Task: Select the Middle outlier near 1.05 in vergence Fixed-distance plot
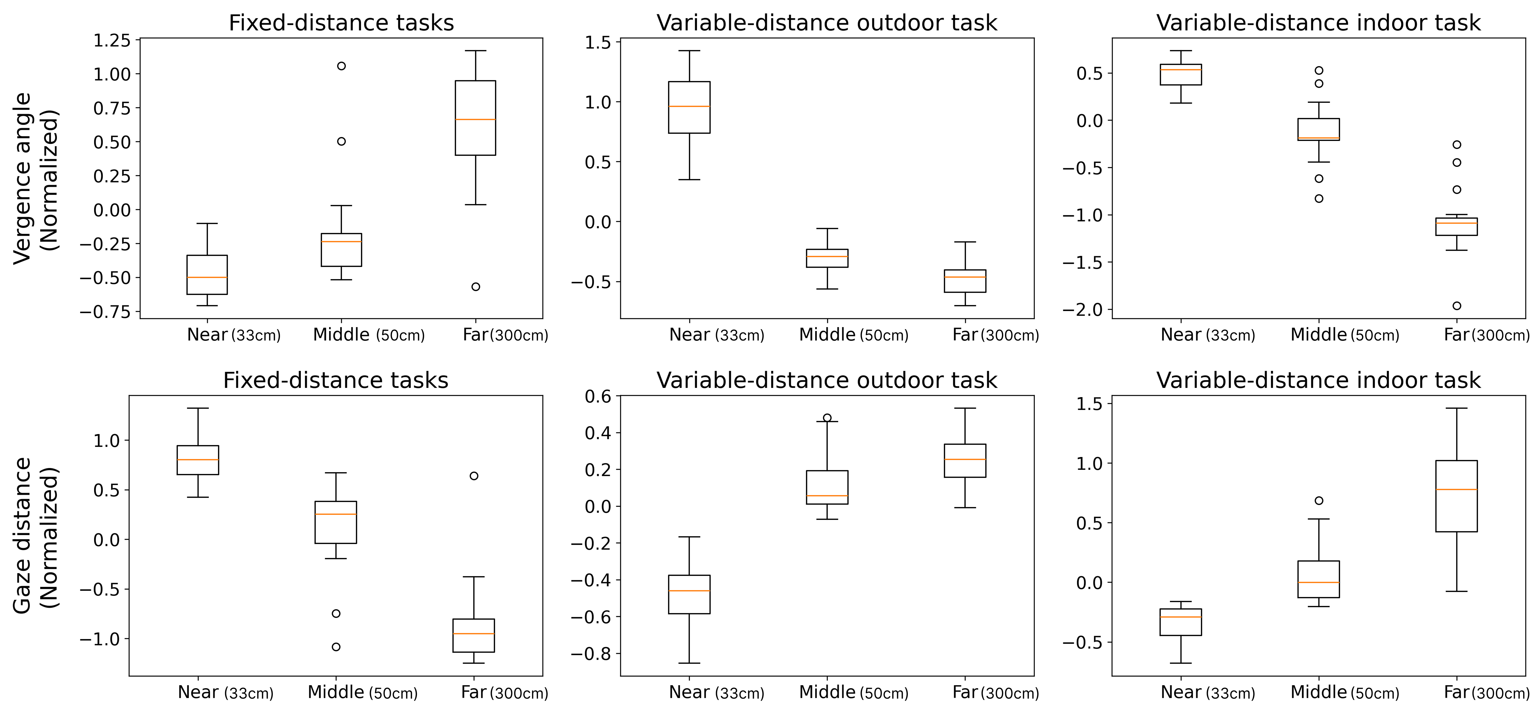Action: point(341,66)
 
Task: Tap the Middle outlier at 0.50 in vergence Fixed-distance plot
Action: point(341,142)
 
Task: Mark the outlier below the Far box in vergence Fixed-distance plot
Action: point(476,287)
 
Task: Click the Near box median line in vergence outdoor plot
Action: point(690,106)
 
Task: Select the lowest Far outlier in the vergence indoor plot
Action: point(1456,306)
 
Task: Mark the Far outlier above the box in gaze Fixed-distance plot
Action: point(474,476)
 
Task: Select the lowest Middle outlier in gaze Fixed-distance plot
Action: point(336,647)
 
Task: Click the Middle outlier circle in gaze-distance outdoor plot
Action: point(827,418)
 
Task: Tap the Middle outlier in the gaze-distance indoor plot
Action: point(1319,500)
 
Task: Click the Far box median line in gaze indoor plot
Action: point(1456,490)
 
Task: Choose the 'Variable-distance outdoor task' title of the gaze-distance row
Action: point(827,380)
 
